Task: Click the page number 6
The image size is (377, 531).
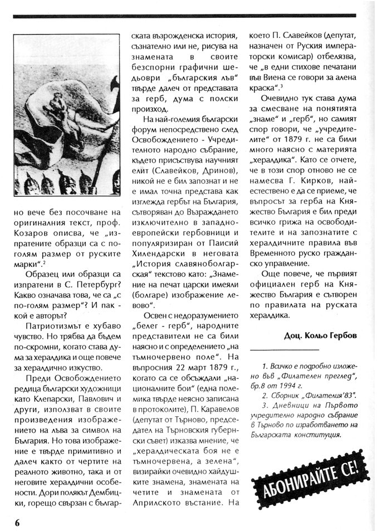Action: point(18,522)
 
